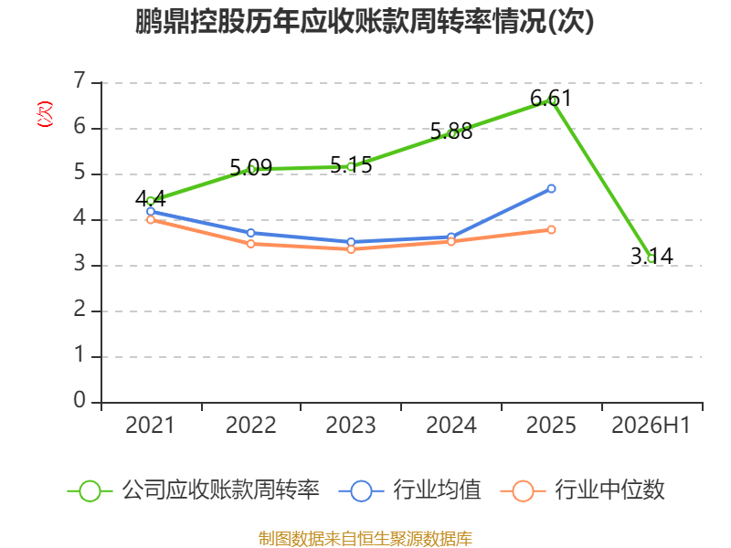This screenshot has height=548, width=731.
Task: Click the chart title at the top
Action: click(365, 21)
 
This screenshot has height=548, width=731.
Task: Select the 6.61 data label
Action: click(551, 99)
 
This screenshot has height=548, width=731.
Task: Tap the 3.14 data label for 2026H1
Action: click(652, 257)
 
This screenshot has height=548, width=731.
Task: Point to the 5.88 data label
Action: click(450, 132)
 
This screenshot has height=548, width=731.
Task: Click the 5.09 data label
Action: click(250, 167)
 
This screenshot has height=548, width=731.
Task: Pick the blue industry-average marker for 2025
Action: click(551, 189)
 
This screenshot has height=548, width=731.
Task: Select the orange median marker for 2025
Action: click(551, 230)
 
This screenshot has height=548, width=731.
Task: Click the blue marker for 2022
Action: click(250, 233)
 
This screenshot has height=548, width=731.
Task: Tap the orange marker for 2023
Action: click(351, 249)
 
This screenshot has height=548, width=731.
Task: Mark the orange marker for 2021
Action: click(151, 219)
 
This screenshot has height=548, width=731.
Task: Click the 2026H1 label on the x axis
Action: click(651, 426)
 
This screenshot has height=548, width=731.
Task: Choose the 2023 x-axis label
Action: click(351, 426)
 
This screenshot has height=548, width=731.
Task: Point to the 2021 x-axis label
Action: click(150, 426)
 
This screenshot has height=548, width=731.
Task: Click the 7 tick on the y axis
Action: click(79, 80)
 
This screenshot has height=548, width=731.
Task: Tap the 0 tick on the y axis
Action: click(79, 400)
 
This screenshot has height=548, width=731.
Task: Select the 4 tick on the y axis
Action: click(79, 217)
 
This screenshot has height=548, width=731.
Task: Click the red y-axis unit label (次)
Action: click(45, 114)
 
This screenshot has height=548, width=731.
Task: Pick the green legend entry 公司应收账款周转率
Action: click(194, 490)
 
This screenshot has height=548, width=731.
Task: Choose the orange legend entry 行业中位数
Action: click(582, 490)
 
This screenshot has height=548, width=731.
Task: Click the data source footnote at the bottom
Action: click(365, 539)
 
